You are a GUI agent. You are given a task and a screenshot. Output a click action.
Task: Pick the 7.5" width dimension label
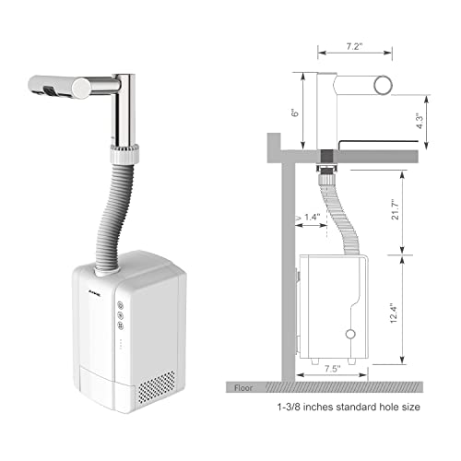(333, 369)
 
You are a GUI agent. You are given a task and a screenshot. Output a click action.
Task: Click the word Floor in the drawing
(244, 388)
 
